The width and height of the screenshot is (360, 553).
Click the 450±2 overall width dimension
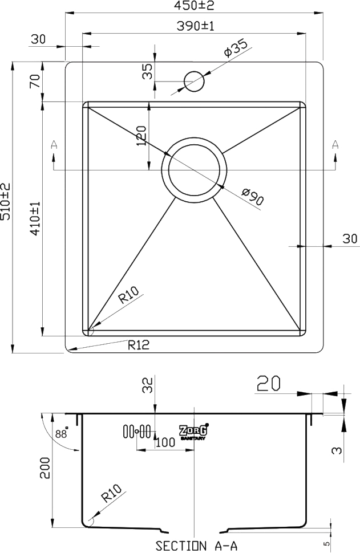coord(195,6)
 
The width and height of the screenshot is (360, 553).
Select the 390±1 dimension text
coord(195,26)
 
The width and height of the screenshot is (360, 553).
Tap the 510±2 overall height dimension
coord(6,202)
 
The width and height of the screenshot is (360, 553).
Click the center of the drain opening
coord(195,170)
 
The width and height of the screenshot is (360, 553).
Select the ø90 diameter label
coord(253,197)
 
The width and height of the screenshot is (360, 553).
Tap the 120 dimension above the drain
coord(140,137)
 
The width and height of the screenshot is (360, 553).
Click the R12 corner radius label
coord(139,344)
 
